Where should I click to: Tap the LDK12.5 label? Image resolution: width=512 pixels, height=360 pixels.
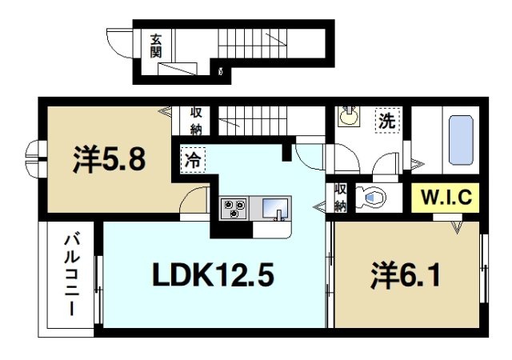coord(214,276)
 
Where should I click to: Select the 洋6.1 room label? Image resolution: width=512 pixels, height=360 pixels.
coord(405,278)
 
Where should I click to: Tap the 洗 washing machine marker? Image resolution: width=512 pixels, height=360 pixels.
coord(387,122)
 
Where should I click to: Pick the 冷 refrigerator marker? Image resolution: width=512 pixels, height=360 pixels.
coord(193,159)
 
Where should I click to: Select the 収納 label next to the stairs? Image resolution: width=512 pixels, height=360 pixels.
coord(196,121)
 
